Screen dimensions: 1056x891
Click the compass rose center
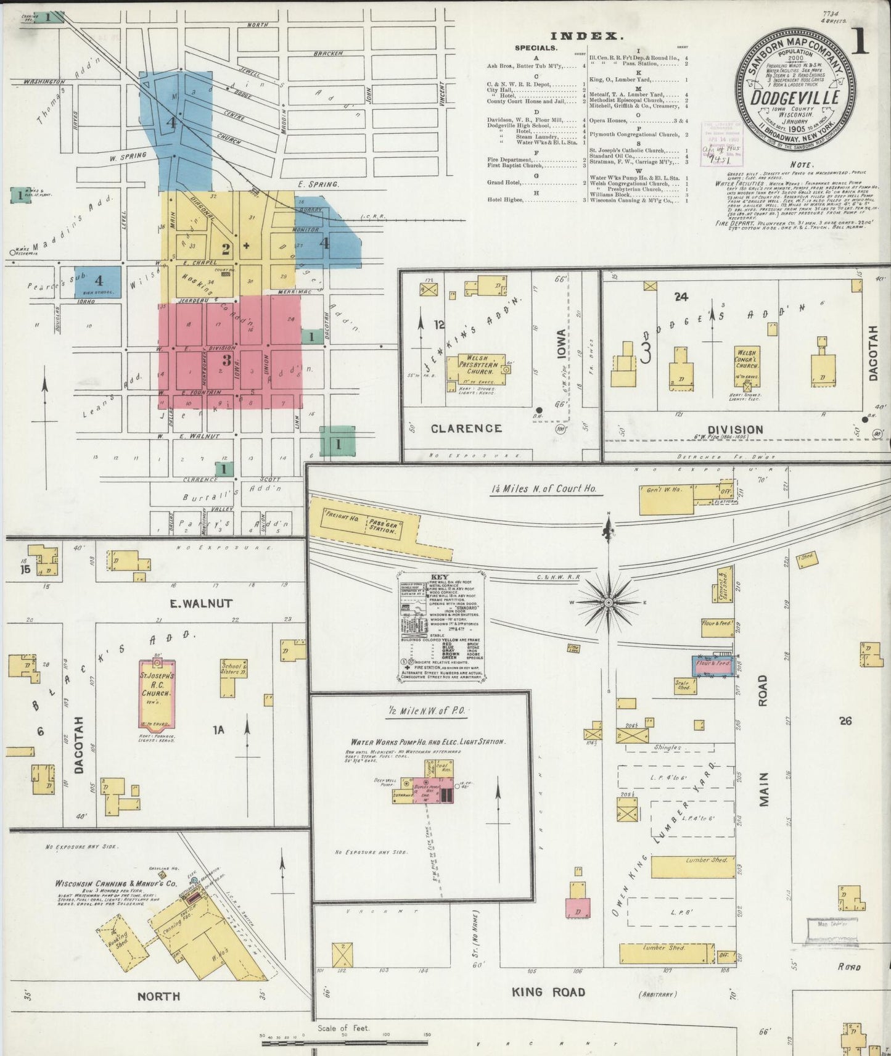tap(609, 602)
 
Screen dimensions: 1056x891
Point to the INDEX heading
tap(586, 36)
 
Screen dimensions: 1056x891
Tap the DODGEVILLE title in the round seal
tap(795, 97)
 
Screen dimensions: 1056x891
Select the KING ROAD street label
tap(548, 992)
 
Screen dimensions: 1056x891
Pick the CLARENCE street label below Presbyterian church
tap(466, 428)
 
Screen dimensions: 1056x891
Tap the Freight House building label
tap(337, 517)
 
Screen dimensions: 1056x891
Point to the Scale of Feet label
tap(343, 1028)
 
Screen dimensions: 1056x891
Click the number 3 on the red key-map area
tap(226, 360)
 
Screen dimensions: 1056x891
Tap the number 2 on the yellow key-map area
tap(226, 249)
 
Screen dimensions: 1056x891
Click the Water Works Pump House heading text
tap(427, 742)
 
